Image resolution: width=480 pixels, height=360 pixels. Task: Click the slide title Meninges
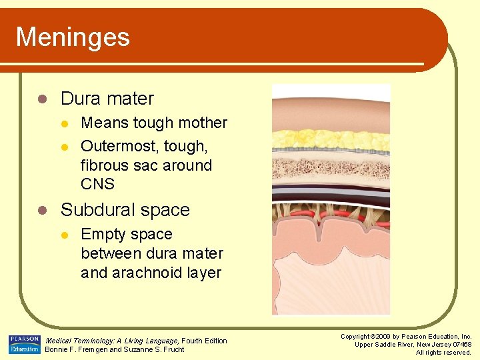[73, 37]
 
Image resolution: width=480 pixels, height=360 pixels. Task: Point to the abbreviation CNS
[97, 184]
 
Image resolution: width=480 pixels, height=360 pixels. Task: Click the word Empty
[102, 235]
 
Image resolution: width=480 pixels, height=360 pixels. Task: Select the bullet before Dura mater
[42, 99]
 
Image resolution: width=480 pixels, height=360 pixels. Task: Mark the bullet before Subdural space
[42, 211]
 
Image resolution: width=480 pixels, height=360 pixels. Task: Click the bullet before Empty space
[64, 235]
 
